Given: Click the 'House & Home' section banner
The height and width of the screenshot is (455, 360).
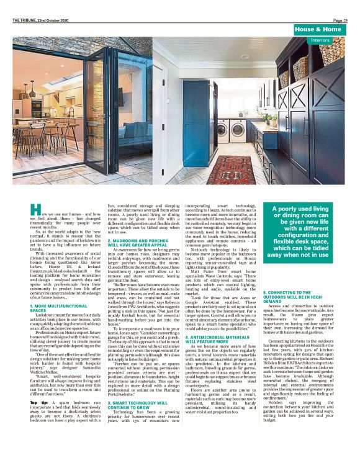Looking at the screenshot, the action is click(318, 29).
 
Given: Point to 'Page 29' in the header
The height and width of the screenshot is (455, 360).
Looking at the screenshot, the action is click(340, 20).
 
